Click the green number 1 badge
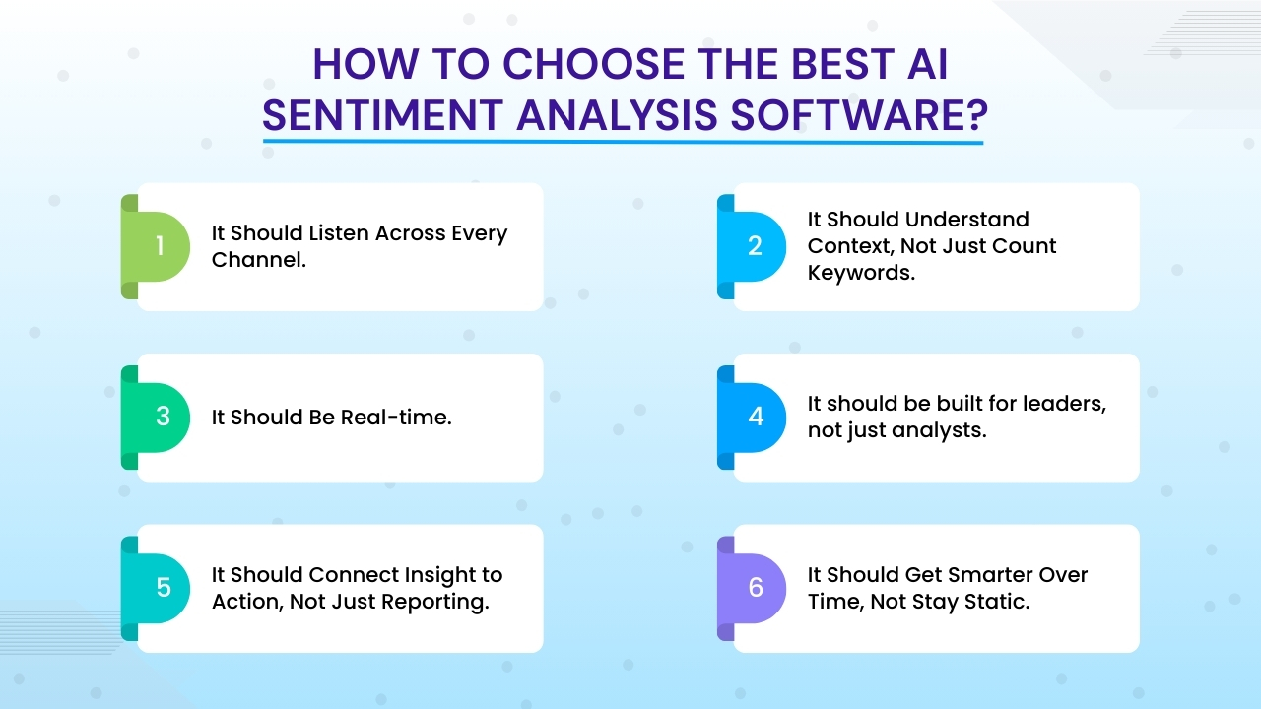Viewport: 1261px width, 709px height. click(160, 246)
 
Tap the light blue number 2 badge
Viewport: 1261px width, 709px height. click(755, 246)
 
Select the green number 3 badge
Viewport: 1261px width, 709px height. click(163, 417)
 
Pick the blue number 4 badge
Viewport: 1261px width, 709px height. click(756, 417)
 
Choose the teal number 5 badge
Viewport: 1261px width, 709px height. click(163, 588)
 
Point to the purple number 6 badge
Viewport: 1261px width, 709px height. click(756, 588)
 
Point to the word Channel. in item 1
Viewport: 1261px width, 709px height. click(258, 260)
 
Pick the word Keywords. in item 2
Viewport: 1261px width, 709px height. click(861, 273)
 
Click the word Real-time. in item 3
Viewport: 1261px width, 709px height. click(396, 418)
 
